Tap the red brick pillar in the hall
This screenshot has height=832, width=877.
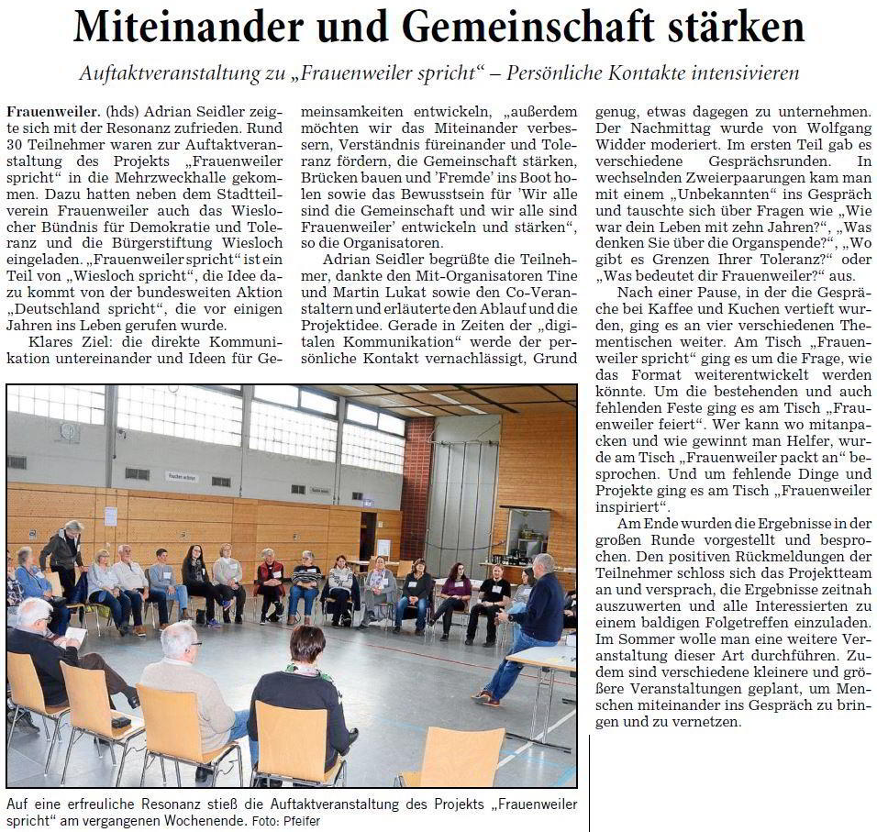pos(416,477)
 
